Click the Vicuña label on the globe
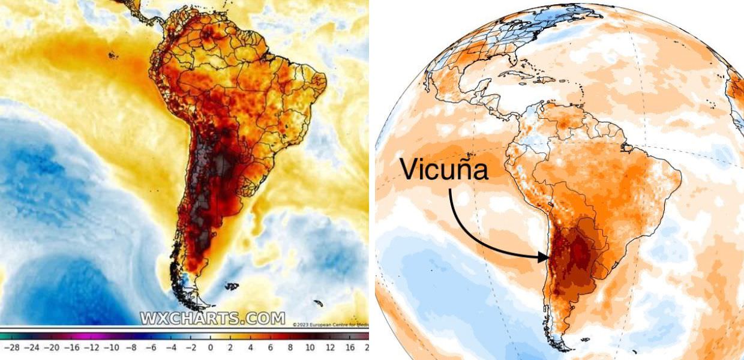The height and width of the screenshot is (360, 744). [x=444, y=169]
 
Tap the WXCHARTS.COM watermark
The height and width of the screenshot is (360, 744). [x=212, y=317]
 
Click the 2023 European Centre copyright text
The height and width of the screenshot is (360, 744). [x=330, y=325]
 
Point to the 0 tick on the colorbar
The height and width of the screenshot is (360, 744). [x=211, y=347]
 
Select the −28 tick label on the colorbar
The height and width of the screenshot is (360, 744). [x=12, y=347]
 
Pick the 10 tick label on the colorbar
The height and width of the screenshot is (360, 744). [x=310, y=347]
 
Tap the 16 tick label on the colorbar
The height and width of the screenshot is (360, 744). [x=349, y=347]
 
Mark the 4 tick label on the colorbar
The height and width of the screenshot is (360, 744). [x=250, y=347]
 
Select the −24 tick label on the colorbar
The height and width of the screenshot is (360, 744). [x=31, y=347]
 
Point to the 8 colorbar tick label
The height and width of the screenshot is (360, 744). [x=290, y=347]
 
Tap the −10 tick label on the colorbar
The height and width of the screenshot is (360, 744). [x=110, y=347]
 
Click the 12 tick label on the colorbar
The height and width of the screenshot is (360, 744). [x=329, y=347]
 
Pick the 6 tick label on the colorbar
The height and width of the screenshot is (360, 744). [x=270, y=347]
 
